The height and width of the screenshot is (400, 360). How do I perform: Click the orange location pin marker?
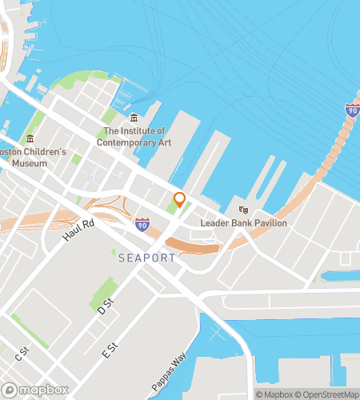tap(179, 200)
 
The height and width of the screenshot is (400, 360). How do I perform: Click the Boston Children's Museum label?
tap(33, 158)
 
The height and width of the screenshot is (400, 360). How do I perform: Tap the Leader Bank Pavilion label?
tap(243, 223)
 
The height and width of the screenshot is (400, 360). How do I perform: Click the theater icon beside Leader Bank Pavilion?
tap(243, 210)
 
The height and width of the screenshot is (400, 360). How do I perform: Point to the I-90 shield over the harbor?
tap(352, 110)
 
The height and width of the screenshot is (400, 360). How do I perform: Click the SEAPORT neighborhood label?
tap(144, 258)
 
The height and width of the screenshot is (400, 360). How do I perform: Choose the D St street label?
tap(103, 305)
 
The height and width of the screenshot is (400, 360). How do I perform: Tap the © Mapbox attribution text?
tap(274, 394)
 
